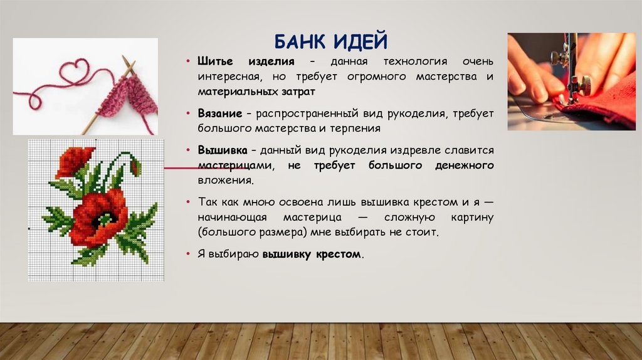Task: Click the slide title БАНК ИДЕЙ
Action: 331,43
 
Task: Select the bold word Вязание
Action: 220,114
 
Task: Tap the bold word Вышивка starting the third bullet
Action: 223,151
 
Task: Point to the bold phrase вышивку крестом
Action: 312,255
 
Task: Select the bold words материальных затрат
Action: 256,91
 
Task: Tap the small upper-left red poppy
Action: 74,161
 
